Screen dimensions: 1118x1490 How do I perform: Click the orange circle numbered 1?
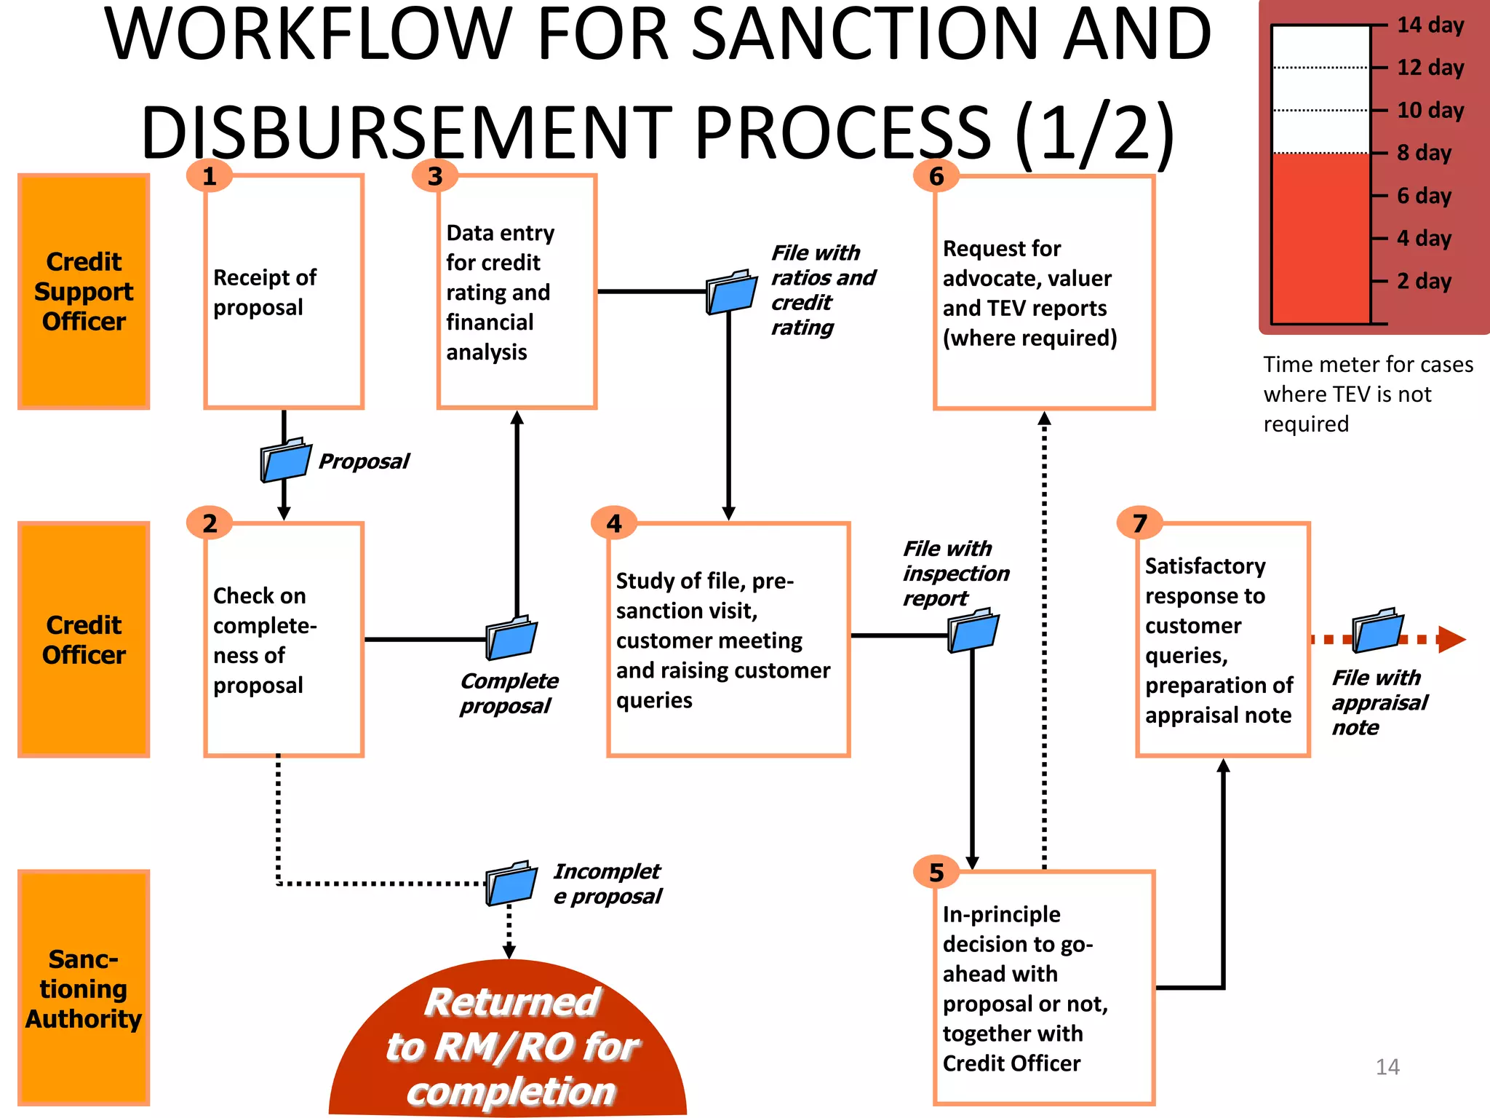(x=210, y=176)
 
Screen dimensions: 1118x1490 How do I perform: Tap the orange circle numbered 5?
(x=936, y=872)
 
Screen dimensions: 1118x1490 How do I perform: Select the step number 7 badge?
(x=1139, y=523)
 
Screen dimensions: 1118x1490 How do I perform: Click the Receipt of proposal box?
(x=284, y=291)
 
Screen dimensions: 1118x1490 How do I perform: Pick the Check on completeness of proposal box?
(x=284, y=639)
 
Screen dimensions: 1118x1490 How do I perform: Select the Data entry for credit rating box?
(x=517, y=291)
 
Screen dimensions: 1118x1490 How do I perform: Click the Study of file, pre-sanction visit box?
(x=728, y=639)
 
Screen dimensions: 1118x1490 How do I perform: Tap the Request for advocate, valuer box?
(x=1044, y=292)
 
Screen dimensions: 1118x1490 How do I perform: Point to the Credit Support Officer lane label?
(x=84, y=291)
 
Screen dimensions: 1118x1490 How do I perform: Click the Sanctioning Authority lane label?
(x=84, y=988)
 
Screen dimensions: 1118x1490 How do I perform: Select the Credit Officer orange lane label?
(x=84, y=639)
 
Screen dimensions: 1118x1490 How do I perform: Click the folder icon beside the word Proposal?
(x=285, y=459)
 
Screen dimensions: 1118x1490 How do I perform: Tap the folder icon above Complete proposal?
(x=511, y=638)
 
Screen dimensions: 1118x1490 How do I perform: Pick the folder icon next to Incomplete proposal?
(x=511, y=883)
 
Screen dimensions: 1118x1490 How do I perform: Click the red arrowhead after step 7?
(x=1451, y=640)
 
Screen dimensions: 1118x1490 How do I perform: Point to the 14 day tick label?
(x=1430, y=25)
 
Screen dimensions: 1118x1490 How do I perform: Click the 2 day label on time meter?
(x=1423, y=281)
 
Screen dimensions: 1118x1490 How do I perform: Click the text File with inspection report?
(x=955, y=574)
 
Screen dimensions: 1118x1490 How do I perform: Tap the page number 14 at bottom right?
(x=1387, y=1067)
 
